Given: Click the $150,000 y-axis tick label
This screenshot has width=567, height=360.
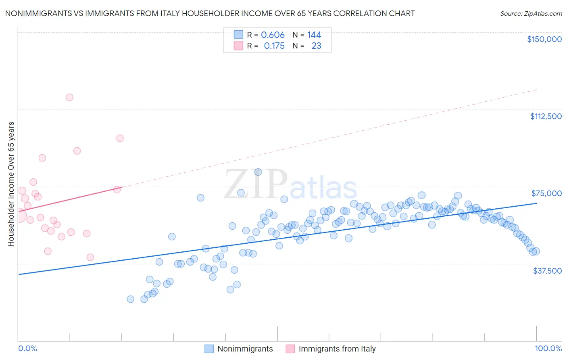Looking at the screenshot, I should tap(544, 39).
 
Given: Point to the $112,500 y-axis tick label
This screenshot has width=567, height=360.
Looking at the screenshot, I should tap(546, 116).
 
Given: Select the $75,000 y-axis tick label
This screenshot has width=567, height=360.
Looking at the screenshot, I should tap(546, 193).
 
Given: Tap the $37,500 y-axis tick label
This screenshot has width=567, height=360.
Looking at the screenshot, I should tap(547, 271).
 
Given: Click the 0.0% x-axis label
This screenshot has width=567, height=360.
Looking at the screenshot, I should tap(27, 348).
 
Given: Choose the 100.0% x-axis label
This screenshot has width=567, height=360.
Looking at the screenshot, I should tap(548, 348).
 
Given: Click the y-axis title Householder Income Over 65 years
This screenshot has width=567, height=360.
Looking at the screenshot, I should tap(11, 184).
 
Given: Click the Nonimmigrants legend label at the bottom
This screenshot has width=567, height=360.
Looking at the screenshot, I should tap(245, 349).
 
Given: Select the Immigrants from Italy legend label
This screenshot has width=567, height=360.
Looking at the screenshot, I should tap(337, 349).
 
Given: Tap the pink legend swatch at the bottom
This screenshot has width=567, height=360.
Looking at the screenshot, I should tap(290, 349).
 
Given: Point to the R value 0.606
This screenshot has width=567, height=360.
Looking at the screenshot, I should tap(273, 35).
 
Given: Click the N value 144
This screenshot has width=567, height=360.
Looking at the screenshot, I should tap(314, 35).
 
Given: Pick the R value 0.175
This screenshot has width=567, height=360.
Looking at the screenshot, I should tap(274, 46).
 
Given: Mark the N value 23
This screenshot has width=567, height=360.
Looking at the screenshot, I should tap(317, 46).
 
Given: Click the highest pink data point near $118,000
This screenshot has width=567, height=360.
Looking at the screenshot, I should tap(69, 97).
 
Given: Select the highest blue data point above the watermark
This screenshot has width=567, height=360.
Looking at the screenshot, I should tap(258, 172).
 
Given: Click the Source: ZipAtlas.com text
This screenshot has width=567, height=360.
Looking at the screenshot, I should tap(531, 14).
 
